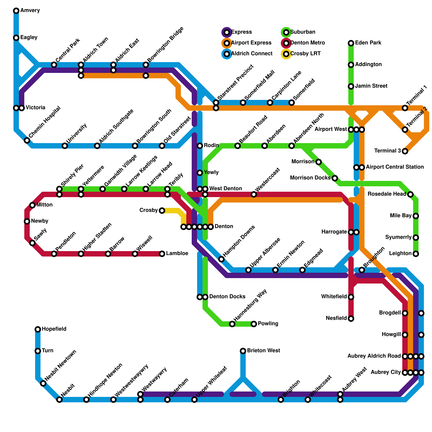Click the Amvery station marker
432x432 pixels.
(x=16, y=11)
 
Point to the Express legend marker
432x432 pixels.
(x=227, y=32)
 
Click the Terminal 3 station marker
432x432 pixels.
(x=405, y=151)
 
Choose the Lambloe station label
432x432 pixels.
(x=177, y=254)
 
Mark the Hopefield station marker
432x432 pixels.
(x=38, y=329)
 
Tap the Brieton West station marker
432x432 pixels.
(x=243, y=351)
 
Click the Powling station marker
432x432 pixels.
(x=254, y=324)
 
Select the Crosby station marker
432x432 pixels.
(x=162, y=211)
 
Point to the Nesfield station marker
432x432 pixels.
(x=351, y=319)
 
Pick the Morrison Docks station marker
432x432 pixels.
(x=335, y=178)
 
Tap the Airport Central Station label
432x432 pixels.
(x=395, y=167)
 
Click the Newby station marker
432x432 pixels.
(x=27, y=221)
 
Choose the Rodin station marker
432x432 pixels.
(x=200, y=146)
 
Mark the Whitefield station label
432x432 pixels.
(x=334, y=297)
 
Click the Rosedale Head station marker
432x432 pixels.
(x=410, y=194)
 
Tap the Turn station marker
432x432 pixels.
(x=38, y=351)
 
